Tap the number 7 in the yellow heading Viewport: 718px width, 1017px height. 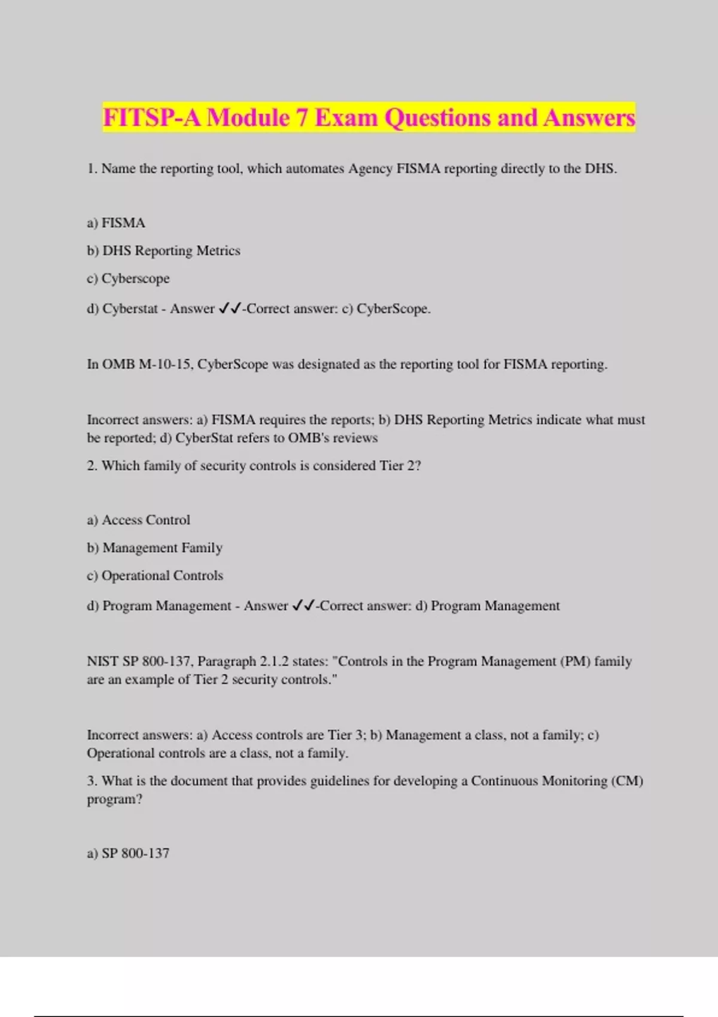pyautogui.click(x=302, y=118)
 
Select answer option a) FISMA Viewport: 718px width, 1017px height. pyautogui.click(x=116, y=223)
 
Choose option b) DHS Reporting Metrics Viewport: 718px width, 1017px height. pyautogui.click(x=163, y=251)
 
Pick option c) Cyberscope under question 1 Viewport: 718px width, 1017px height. pyautogui.click(x=128, y=279)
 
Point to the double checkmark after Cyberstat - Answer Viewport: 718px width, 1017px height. pyautogui.click(x=230, y=309)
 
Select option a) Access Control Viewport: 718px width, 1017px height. pyautogui.click(x=138, y=520)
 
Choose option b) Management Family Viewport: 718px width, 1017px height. pyautogui.click(x=154, y=548)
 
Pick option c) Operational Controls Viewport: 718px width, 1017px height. pyautogui.click(x=155, y=576)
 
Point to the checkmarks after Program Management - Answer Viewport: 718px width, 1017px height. pyautogui.click(x=303, y=606)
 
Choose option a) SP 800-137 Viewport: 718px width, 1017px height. pyautogui.click(x=128, y=854)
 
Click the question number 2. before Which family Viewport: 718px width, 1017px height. pyautogui.click(x=92, y=466)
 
